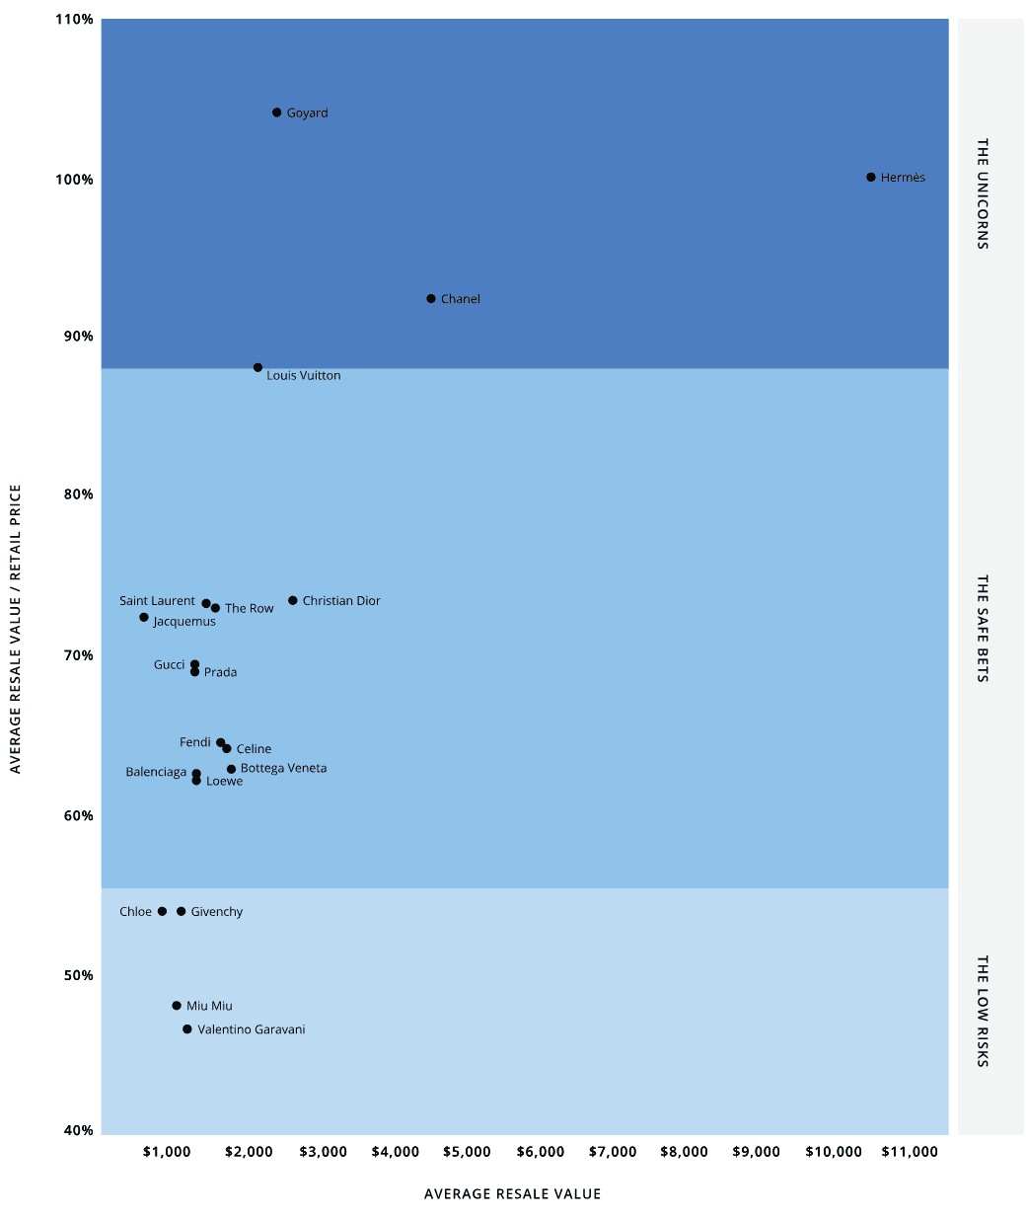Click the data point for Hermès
[871, 178]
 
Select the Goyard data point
[277, 113]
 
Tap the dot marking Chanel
[431, 299]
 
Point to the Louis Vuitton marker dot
[258, 367]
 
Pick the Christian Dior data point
[293, 600]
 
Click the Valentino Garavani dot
[187, 1029]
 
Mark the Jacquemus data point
[144, 618]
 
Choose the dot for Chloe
[163, 912]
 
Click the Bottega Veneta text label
[283, 768]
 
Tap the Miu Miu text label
[209, 1006]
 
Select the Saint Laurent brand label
[158, 601]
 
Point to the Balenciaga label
[156, 772]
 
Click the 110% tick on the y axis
[75, 20]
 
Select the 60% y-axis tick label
[78, 815]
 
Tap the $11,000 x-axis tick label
[909, 1152]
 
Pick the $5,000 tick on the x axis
[467, 1152]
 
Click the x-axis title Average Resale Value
[512, 1194]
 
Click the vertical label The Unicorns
[983, 193]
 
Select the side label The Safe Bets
[983, 629]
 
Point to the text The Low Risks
[983, 1011]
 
